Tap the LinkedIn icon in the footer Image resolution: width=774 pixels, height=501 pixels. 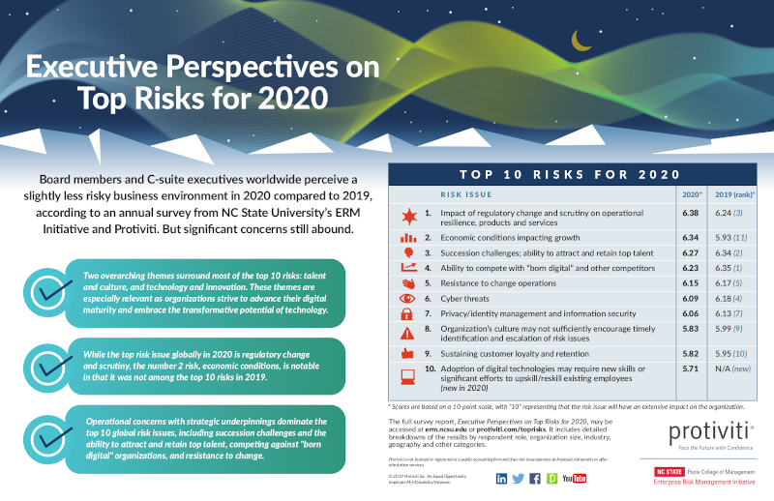501,478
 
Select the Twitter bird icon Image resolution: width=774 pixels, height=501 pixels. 519,478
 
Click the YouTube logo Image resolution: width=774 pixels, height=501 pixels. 573,478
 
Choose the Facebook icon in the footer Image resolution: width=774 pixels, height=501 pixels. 535,478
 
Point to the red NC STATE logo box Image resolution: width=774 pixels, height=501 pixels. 658,471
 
